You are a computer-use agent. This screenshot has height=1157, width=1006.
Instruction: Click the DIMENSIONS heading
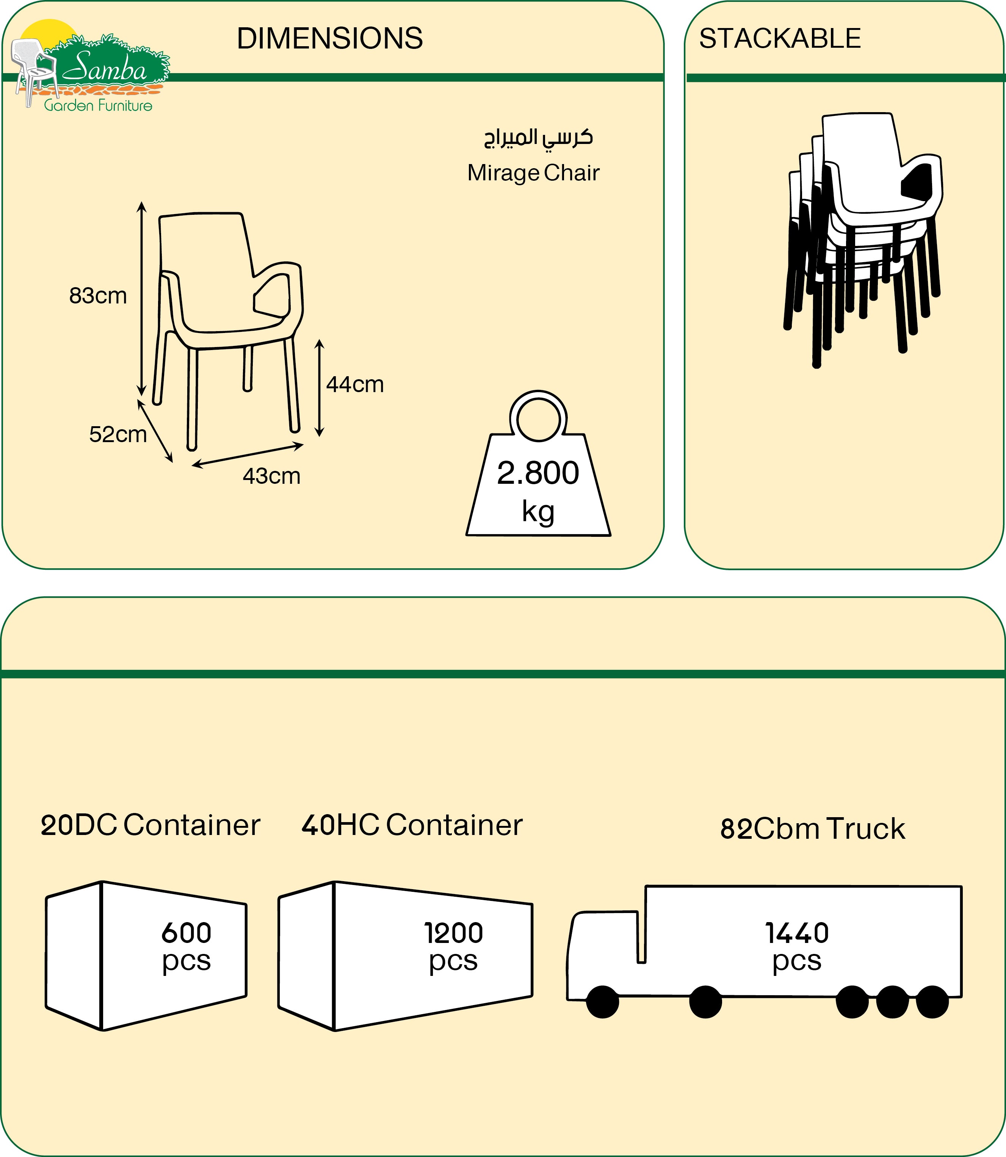point(329,38)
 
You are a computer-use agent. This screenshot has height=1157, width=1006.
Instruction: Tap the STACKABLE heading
point(779,38)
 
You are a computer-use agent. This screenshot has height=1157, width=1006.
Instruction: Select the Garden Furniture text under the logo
point(98,105)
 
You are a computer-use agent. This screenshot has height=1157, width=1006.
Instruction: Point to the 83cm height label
point(98,296)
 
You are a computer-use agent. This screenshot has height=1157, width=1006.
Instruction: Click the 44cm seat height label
point(355,385)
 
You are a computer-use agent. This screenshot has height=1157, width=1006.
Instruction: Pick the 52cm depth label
point(118,434)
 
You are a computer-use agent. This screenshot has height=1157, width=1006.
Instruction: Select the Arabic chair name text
point(538,138)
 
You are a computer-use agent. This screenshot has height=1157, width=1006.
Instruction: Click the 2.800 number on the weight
point(538,473)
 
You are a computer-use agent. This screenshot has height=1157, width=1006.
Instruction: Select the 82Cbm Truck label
point(812,829)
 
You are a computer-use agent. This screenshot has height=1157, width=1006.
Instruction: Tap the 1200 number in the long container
point(453,933)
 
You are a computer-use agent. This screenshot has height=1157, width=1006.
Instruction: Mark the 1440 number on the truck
point(797,933)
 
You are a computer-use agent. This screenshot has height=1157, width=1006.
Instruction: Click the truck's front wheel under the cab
point(602,1002)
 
